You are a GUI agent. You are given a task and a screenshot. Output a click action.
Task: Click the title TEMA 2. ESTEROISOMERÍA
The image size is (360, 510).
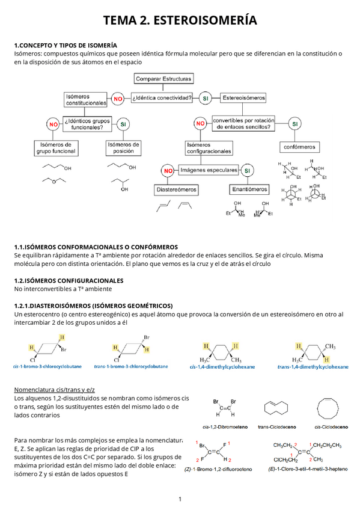pos(180,21)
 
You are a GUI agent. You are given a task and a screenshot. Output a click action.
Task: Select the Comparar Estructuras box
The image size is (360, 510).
pos(163,79)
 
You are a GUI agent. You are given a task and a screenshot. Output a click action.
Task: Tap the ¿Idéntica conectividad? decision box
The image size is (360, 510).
pos(163,98)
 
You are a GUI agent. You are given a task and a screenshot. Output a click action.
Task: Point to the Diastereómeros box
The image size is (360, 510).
pos(177,189)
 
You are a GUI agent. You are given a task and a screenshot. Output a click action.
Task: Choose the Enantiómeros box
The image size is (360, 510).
pos(249,189)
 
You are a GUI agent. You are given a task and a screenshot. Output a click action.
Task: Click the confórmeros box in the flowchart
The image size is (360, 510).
pos(299,147)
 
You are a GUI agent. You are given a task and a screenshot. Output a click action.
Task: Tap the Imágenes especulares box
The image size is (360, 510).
pos(209,170)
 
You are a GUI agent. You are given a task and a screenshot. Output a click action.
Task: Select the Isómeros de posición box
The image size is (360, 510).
pos(123,147)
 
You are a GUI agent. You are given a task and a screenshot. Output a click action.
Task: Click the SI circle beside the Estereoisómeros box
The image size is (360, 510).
pos(206,98)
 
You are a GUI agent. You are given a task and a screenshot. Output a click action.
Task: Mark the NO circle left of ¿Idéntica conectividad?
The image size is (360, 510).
pos(118,99)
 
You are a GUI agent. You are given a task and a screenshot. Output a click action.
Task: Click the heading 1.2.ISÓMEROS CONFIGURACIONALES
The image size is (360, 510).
pos(69,280)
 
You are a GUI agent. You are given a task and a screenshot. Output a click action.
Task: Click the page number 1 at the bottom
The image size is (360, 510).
pos(180,499)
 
